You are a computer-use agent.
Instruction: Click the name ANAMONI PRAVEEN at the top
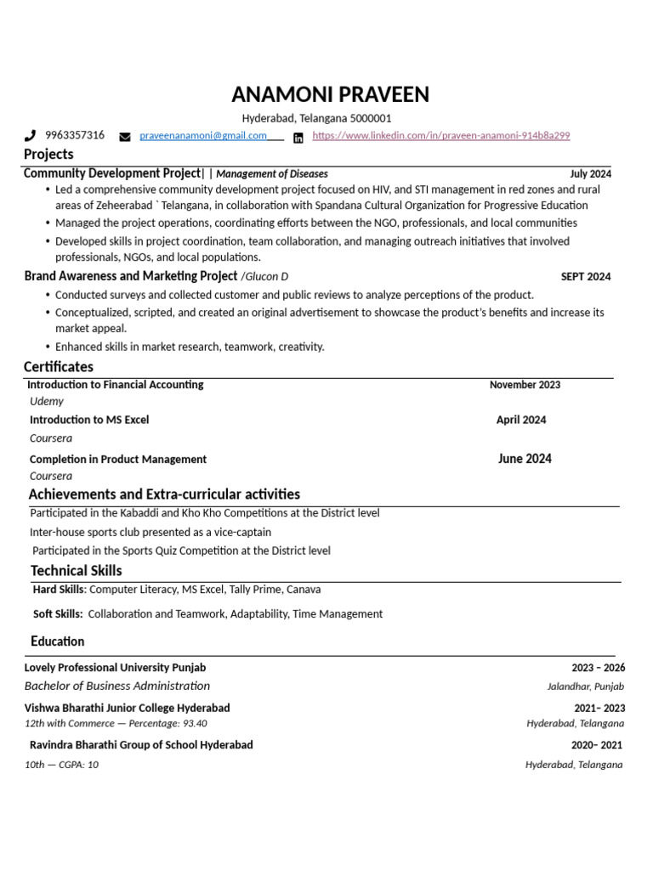(331, 94)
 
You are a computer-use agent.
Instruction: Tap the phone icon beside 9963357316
(31, 135)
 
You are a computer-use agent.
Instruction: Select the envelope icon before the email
(125, 136)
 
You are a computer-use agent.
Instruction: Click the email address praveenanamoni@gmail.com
(202, 135)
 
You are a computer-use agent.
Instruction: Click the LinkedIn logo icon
(298, 137)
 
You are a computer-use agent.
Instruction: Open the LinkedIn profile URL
(440, 135)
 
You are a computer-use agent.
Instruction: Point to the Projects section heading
(48, 154)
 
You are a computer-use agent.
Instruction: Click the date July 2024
(590, 173)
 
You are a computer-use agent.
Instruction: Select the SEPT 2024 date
(585, 276)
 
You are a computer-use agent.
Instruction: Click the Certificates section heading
(59, 367)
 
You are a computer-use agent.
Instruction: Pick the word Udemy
(47, 401)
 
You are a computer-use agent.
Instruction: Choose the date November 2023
(525, 385)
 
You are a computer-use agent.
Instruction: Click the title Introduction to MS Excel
(89, 420)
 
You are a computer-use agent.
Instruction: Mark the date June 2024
(525, 459)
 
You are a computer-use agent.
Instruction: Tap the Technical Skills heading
(77, 571)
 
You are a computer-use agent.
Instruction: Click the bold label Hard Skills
(59, 589)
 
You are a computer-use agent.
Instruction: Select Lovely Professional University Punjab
(115, 668)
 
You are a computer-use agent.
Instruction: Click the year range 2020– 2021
(596, 745)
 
